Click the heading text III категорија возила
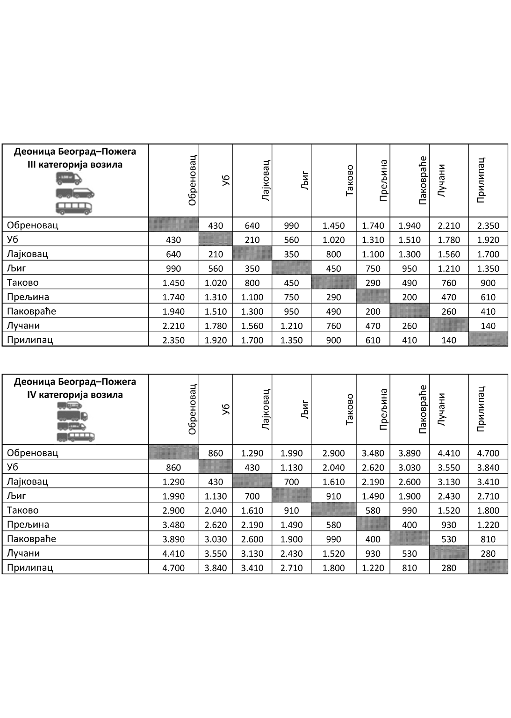[x=75, y=165]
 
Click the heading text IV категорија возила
[x=75, y=395]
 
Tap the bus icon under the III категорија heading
[x=74, y=208]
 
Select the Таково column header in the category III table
[x=349, y=180]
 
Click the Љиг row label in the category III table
[x=17, y=268]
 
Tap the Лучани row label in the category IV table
[x=23, y=553]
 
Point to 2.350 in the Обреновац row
[x=488, y=225]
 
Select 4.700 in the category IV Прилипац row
[x=173, y=568]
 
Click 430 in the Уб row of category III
[x=173, y=240]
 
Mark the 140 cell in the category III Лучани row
[x=488, y=326]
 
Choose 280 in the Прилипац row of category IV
[x=449, y=568]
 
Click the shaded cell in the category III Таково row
[x=333, y=283]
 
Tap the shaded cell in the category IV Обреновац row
[x=173, y=452]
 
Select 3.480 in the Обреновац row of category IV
[x=373, y=453]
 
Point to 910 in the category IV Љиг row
[x=333, y=496]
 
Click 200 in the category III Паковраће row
[x=373, y=312]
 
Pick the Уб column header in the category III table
[x=226, y=180]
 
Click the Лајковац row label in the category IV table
[x=28, y=481]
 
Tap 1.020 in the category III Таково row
[x=216, y=283]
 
